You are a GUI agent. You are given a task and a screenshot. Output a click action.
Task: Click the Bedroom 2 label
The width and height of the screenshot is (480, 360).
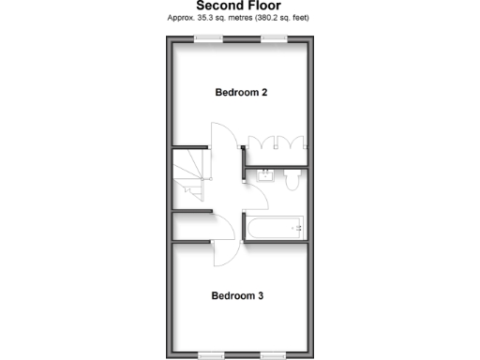click(242, 92)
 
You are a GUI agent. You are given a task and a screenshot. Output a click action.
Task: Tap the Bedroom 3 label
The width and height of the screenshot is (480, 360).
click(237, 295)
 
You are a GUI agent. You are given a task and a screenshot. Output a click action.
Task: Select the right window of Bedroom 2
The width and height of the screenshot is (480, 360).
click(273, 38)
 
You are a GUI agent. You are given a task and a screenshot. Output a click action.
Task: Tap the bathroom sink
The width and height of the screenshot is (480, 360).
click(266, 174)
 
